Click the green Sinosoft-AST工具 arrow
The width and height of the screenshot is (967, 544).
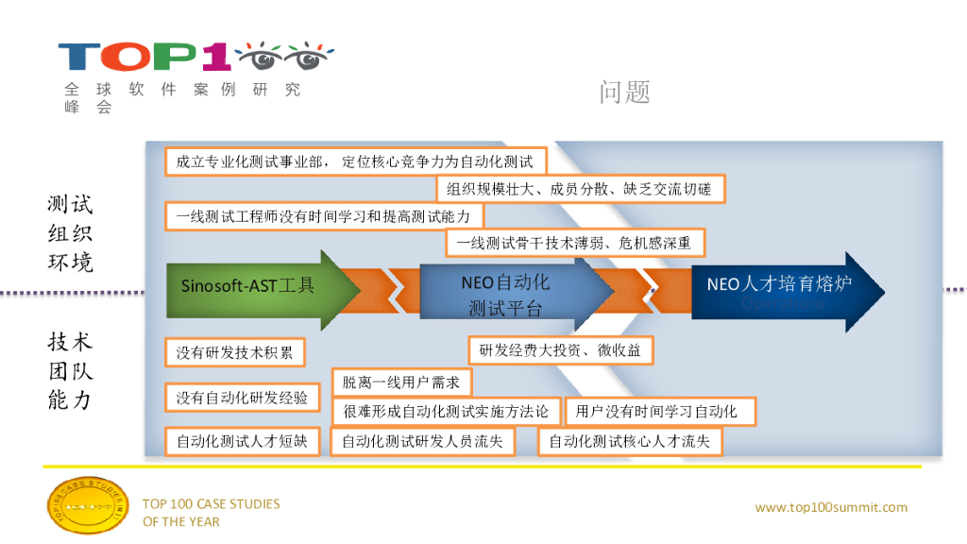[x=255, y=286]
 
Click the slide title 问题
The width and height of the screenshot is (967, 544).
[x=624, y=92]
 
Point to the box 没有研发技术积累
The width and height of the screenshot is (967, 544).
[x=235, y=353]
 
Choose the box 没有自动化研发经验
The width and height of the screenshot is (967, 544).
[x=242, y=398]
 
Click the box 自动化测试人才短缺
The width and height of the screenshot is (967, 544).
[x=242, y=441]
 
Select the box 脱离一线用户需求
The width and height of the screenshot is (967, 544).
[x=401, y=382]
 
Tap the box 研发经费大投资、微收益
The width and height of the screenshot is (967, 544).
[x=561, y=350]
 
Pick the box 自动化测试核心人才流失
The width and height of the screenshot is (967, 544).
[x=629, y=441]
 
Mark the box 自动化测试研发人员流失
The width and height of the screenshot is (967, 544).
[x=422, y=441]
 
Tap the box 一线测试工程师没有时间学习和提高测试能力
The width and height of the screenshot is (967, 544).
[x=323, y=216]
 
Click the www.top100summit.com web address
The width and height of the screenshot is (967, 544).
[x=831, y=508]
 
